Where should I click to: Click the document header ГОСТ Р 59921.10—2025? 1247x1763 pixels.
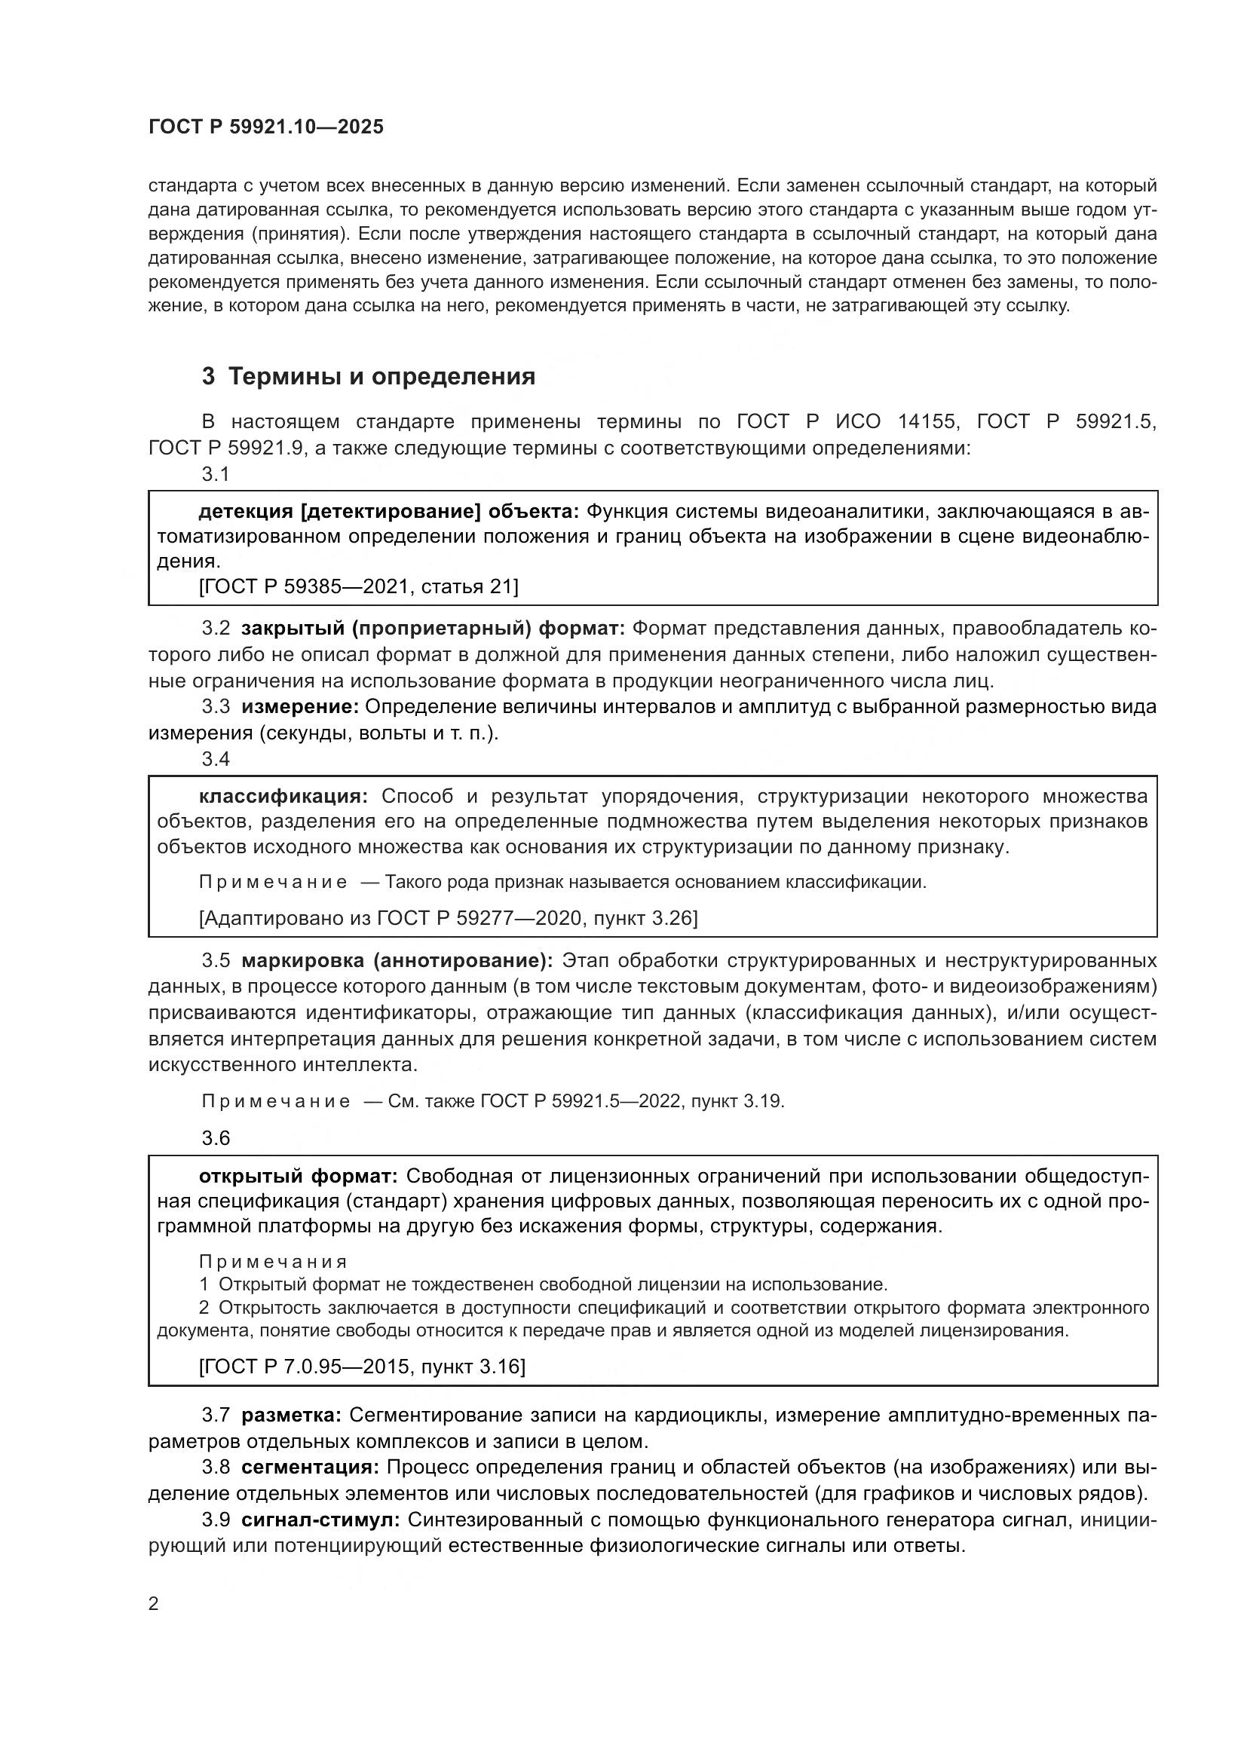tap(265, 127)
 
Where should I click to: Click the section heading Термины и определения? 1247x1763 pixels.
tap(369, 377)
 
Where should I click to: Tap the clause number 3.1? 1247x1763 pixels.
tap(216, 476)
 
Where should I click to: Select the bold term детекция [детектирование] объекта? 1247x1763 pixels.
tap(388, 511)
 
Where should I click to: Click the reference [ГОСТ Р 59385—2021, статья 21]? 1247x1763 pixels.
tap(358, 586)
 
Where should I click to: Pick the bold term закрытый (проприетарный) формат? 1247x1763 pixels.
tap(433, 629)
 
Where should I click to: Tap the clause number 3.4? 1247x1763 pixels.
tap(216, 760)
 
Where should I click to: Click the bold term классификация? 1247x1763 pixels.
tap(283, 795)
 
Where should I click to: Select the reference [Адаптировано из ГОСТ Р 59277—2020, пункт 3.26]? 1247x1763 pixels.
tap(448, 918)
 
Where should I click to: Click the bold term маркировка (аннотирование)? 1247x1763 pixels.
tap(397, 961)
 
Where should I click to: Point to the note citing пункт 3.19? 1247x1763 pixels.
tap(492, 1102)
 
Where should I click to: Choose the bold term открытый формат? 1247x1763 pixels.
tap(298, 1177)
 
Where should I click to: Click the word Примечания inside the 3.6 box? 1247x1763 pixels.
tap(274, 1263)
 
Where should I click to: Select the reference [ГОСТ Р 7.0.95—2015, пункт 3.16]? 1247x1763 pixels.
tap(362, 1367)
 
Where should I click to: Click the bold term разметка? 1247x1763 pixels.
tap(291, 1416)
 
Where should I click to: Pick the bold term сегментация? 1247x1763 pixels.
tap(309, 1468)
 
